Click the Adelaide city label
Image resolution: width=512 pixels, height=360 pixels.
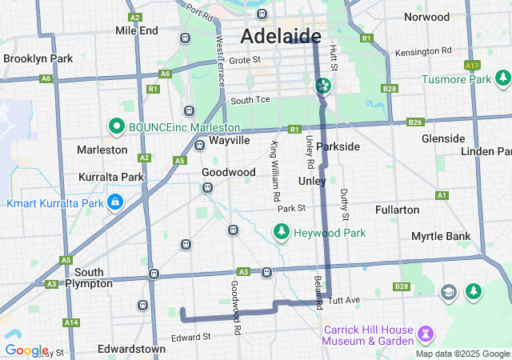coord(281,36)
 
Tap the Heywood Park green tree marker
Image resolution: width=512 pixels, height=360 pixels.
coord(281,232)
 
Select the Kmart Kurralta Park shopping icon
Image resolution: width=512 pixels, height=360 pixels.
coord(115,201)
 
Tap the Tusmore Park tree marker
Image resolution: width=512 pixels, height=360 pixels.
coord(502,78)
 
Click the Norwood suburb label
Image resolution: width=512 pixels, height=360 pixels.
coord(426,17)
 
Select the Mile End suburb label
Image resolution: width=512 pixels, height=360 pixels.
coord(137,30)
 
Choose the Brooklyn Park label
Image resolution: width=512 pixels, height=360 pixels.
coord(38,58)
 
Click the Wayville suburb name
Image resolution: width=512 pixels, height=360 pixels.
coord(230,140)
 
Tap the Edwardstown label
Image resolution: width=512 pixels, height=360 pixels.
coord(131,349)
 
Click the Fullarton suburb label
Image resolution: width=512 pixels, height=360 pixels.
coord(397,210)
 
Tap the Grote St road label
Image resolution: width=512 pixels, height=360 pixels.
coord(245,59)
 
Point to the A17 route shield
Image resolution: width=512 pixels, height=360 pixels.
coord(472,65)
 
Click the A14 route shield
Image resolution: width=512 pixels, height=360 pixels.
coord(72,322)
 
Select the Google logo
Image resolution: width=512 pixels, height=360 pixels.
coord(26,350)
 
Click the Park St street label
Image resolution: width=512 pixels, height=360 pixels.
coord(291,208)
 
